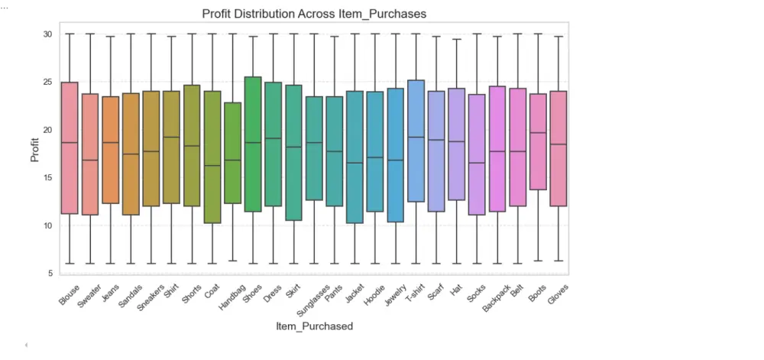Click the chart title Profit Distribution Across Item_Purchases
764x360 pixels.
314,14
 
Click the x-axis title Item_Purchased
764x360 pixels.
314,326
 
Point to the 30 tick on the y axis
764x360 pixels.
47,34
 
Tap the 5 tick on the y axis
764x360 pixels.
50,274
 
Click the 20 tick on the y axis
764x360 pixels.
47,130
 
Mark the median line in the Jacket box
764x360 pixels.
354,163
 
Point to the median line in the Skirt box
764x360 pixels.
293,147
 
